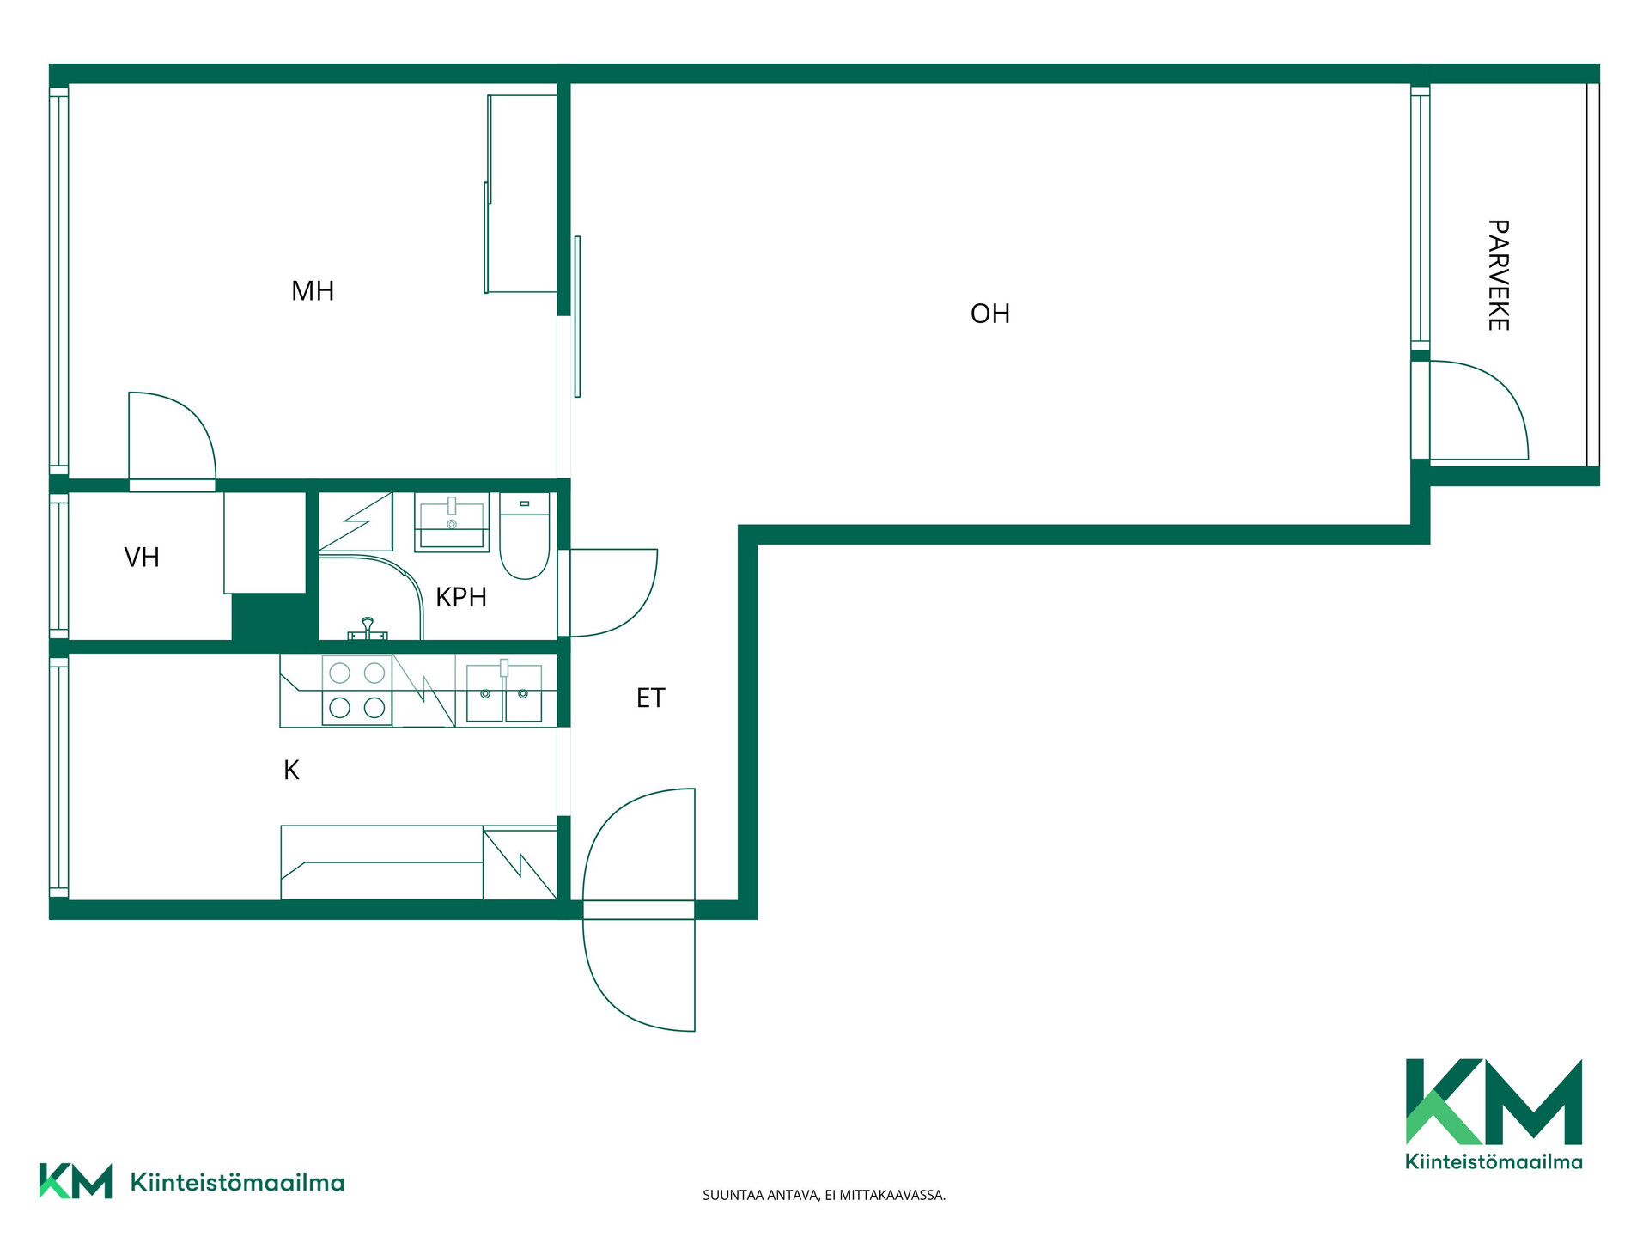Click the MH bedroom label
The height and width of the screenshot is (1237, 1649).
pyautogui.click(x=313, y=291)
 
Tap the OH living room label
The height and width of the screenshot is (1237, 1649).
pyautogui.click(x=990, y=314)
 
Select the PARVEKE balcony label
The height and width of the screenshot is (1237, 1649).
pyautogui.click(x=1498, y=275)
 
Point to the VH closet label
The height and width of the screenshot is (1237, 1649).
pyautogui.click(x=142, y=558)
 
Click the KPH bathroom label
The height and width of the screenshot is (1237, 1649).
pyautogui.click(x=461, y=597)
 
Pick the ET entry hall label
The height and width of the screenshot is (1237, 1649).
pyautogui.click(x=651, y=698)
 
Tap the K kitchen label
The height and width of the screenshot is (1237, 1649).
pyautogui.click(x=291, y=771)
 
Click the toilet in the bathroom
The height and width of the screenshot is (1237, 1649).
pyautogui.click(x=524, y=536)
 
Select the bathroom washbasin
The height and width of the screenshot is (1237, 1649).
pyautogui.click(x=452, y=521)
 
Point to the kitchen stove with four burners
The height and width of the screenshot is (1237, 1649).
pyautogui.click(x=357, y=691)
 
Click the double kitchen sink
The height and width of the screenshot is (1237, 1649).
pyautogui.click(x=504, y=692)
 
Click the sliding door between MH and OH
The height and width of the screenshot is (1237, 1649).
pyautogui.click(x=577, y=316)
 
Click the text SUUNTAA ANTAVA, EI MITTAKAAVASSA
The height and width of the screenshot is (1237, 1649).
pyautogui.click(x=824, y=1195)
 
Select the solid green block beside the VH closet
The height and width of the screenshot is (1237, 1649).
pyautogui.click(x=270, y=617)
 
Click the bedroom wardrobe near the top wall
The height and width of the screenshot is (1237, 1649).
pyautogui.click(x=521, y=194)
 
